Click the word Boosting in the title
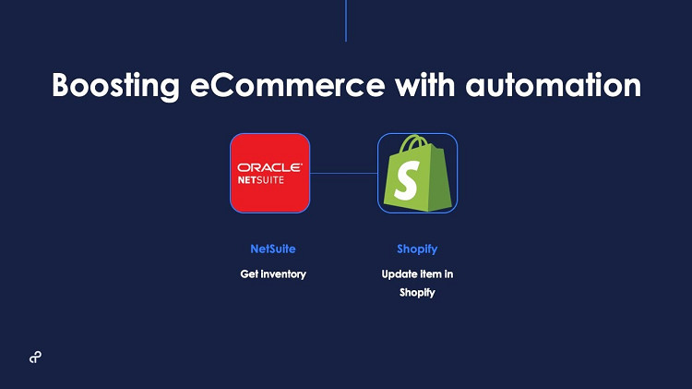[x=116, y=86]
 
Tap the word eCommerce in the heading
[x=288, y=85]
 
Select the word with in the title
[x=425, y=84]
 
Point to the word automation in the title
[x=554, y=85]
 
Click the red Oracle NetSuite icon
[x=270, y=174]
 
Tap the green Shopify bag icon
[x=417, y=174]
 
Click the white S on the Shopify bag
[x=407, y=180]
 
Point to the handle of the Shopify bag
[x=412, y=143]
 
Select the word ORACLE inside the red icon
[x=270, y=167]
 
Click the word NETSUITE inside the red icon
[x=261, y=180]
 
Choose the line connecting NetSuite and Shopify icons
[x=344, y=174]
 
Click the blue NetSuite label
[x=273, y=249]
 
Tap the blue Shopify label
[x=417, y=249]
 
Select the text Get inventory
[x=273, y=274]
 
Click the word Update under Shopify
[x=399, y=275]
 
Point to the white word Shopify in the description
[x=417, y=293]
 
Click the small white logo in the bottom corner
[x=35, y=358]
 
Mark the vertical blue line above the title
[x=346, y=20]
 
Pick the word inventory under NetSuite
[x=283, y=274]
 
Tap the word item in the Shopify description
[x=430, y=274]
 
